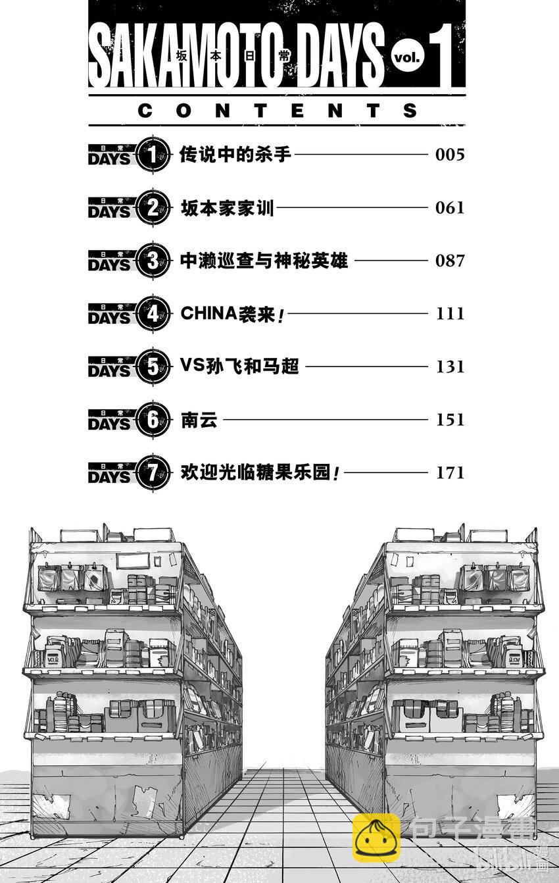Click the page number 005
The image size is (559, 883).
tap(450, 155)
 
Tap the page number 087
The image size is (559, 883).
tap(450, 261)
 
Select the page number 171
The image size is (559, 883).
tap(450, 472)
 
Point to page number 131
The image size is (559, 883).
tap(450, 366)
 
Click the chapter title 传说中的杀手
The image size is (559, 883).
tap(235, 155)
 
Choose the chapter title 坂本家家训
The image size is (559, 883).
tap(227, 208)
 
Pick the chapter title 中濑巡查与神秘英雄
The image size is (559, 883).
tap(264, 261)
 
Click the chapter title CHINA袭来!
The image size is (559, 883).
tap(233, 314)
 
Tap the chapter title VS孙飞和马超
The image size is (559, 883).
tap(239, 366)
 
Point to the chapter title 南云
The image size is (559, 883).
tap(199, 420)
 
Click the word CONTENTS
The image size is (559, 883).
tap(278, 111)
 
